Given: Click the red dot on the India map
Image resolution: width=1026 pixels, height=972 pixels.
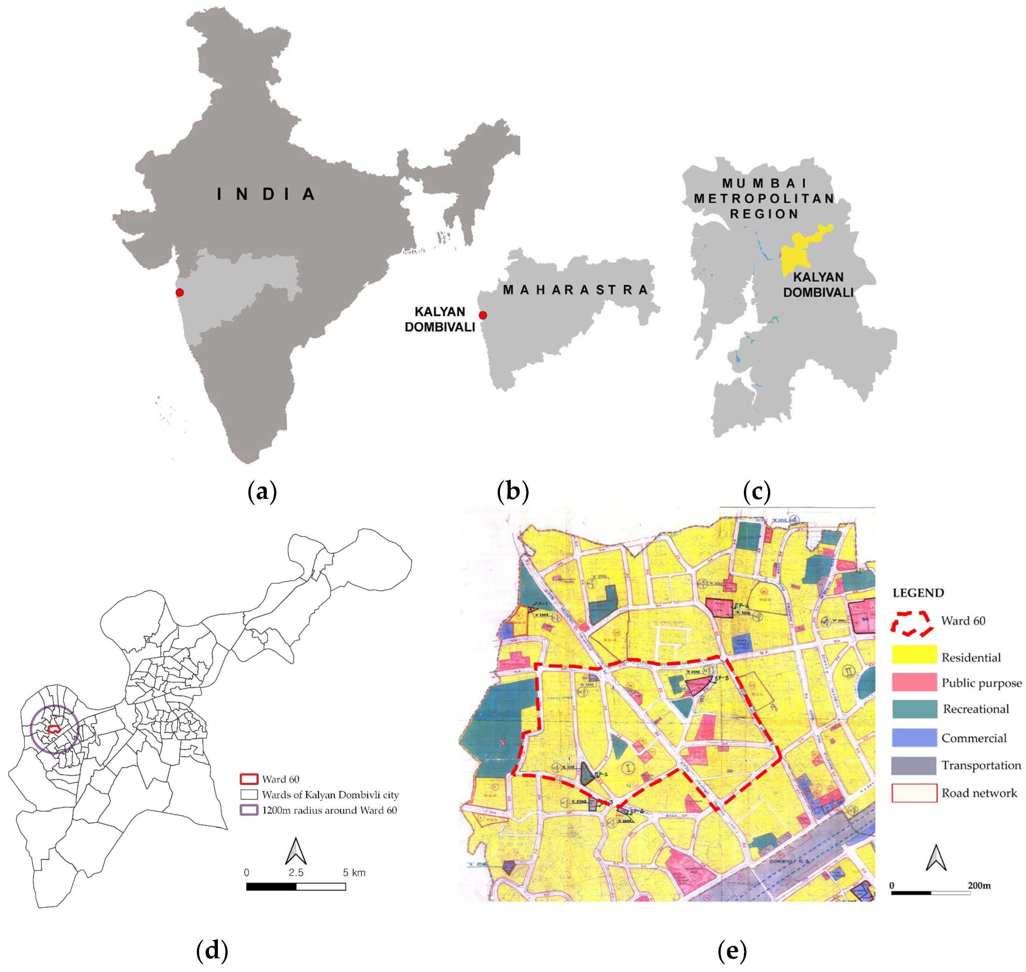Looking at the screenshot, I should click(x=180, y=293).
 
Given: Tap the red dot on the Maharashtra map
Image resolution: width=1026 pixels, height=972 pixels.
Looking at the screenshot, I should click(x=483, y=315).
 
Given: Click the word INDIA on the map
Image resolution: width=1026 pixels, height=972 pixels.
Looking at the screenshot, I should click(x=266, y=194).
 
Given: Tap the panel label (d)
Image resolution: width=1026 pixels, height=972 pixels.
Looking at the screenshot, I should click(x=212, y=950).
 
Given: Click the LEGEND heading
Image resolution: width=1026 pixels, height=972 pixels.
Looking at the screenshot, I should click(x=918, y=593).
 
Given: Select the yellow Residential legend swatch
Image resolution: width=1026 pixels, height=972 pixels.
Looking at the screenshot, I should click(x=914, y=654).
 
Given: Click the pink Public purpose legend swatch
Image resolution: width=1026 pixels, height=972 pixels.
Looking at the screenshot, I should click(x=914, y=682).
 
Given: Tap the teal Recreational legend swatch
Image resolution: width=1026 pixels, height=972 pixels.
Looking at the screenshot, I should click(x=914, y=709).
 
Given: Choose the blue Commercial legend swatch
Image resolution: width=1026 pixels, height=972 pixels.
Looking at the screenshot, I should click(x=914, y=737).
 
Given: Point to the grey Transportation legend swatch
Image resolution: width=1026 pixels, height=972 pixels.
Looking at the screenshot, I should click(x=914, y=765).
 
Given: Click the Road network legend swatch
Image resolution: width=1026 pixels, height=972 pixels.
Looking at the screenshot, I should click(x=914, y=793).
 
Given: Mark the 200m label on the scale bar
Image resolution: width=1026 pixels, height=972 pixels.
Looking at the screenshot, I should click(x=979, y=885).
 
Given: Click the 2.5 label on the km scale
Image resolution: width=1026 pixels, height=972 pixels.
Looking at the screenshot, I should click(x=296, y=872).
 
